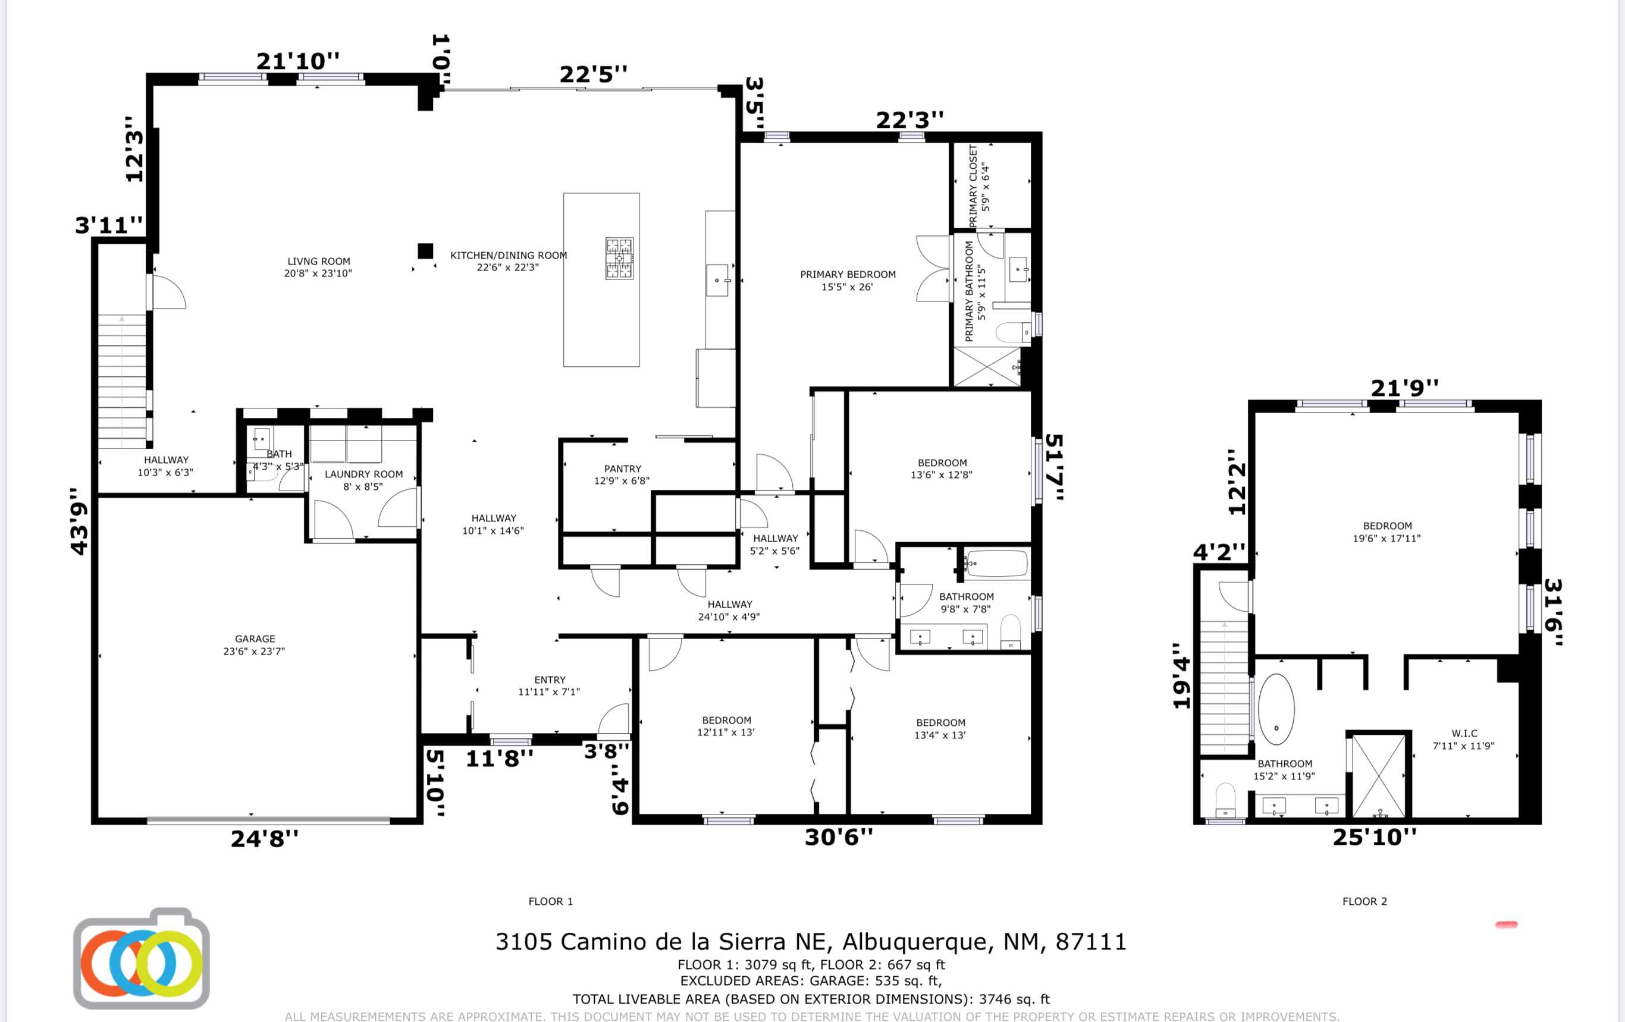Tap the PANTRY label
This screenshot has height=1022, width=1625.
(x=622, y=468)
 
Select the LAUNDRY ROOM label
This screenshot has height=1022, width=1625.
(x=364, y=474)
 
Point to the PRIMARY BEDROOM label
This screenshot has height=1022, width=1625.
(x=848, y=274)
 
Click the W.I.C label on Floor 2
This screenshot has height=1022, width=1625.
(x=1464, y=733)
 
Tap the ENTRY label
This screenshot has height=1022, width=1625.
(x=550, y=680)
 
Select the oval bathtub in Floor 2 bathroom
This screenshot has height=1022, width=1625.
(x=1275, y=709)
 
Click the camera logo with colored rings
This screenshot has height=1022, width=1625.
(x=141, y=958)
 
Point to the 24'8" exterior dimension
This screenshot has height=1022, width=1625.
(x=265, y=838)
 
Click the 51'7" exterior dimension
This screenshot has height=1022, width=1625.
(x=1054, y=467)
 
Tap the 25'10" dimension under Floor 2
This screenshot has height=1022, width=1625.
(x=1375, y=837)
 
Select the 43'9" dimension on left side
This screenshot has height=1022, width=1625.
(x=80, y=521)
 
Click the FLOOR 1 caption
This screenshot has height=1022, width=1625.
(x=551, y=901)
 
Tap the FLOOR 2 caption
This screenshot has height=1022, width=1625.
(x=1364, y=901)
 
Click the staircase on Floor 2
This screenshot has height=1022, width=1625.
(x=1224, y=687)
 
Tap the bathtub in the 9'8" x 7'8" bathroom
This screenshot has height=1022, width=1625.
(x=997, y=563)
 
